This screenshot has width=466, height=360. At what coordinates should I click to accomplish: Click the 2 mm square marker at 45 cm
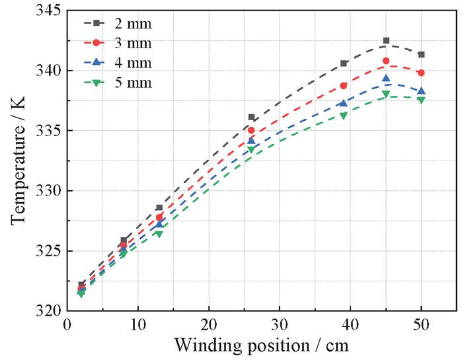(386, 41)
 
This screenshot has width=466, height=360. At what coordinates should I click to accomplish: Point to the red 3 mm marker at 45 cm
(386, 61)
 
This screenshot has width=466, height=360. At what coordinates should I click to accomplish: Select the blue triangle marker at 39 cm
(343, 102)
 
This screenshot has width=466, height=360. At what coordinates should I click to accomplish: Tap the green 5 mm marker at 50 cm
(421, 99)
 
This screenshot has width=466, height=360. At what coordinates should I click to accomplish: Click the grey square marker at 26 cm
(251, 118)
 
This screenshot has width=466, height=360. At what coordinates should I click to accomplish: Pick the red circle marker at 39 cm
(343, 85)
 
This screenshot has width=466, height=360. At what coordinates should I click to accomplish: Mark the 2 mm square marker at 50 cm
(421, 54)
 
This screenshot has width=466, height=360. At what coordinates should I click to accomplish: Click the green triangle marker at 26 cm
(251, 149)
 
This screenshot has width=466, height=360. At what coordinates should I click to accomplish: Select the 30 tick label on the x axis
(280, 325)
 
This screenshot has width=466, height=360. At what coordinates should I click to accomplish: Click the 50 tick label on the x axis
(421, 325)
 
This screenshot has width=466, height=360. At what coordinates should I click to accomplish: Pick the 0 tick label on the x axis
(67, 325)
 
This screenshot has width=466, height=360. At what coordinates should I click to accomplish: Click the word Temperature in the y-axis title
(18, 169)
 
